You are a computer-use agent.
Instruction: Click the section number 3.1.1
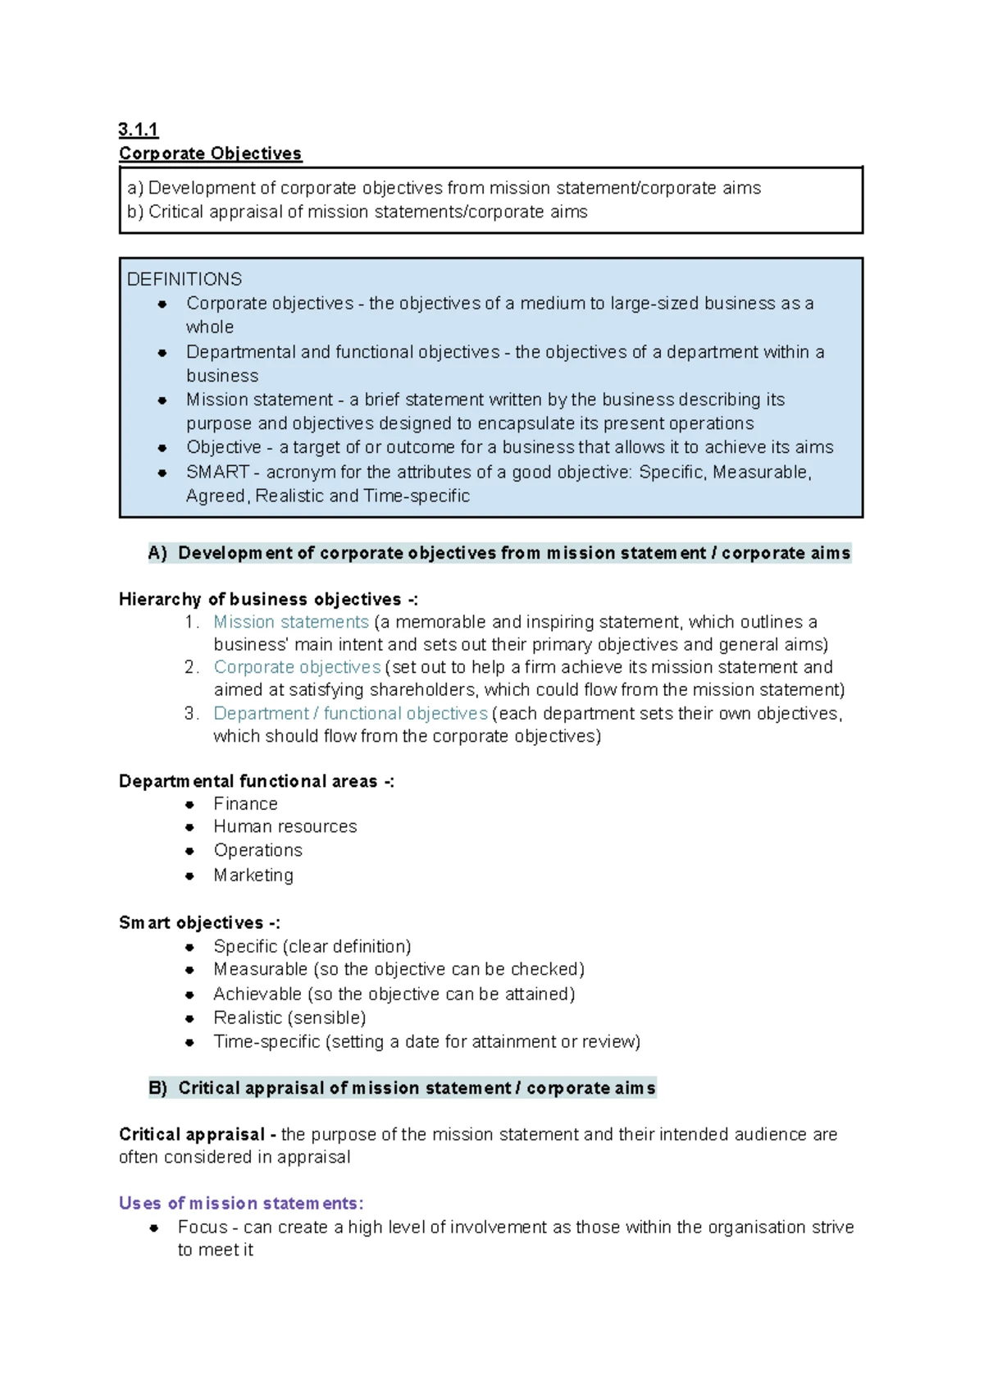coord(138,130)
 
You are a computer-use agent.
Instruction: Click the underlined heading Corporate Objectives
coord(210,153)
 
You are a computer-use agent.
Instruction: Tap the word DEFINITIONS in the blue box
coord(184,279)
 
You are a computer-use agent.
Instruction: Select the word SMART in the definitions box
coord(217,472)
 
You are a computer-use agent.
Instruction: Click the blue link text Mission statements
coord(291,622)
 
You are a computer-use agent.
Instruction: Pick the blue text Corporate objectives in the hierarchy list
coord(297,667)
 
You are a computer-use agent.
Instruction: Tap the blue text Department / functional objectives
coord(350,713)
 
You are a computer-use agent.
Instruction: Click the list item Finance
coord(245,804)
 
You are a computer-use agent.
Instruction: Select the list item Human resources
coord(285,826)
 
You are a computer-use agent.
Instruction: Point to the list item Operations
coord(257,850)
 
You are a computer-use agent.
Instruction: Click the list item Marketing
coord(253,875)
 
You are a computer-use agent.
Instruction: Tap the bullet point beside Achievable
coord(189,994)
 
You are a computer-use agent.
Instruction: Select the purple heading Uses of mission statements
coord(240,1203)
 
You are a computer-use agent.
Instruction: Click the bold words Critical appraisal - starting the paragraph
coord(197,1134)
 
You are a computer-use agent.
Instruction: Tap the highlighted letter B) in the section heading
coord(157,1088)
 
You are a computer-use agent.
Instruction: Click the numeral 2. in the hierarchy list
coord(191,667)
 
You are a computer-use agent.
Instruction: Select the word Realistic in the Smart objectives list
coord(248,1017)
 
